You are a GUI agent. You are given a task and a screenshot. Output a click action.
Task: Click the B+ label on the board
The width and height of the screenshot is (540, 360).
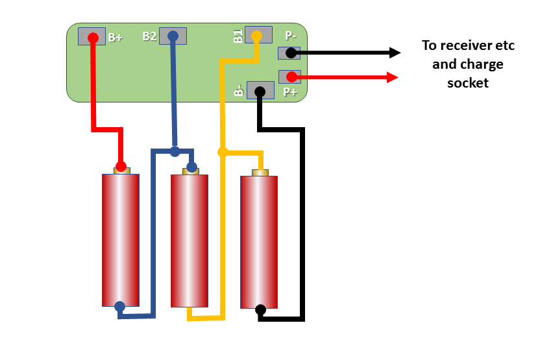[x=115, y=37]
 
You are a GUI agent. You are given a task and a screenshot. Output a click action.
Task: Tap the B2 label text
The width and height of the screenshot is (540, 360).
[x=149, y=36]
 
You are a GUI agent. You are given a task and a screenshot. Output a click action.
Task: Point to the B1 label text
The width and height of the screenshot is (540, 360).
[x=238, y=36]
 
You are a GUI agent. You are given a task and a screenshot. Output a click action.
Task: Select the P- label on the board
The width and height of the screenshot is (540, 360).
[x=291, y=35]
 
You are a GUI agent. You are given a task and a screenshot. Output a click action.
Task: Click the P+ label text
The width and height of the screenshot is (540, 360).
[x=290, y=92]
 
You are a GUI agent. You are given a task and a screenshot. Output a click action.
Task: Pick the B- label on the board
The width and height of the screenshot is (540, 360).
[x=239, y=90]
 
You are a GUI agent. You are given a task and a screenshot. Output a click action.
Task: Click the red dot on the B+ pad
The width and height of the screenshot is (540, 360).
[x=93, y=38]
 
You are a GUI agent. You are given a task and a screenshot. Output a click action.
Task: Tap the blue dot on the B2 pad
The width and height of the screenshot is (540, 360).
[x=173, y=36]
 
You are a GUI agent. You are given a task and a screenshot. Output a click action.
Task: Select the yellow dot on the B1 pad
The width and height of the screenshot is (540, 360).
[x=256, y=36]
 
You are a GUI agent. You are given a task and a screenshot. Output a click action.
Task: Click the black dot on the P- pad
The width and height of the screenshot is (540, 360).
[x=291, y=53]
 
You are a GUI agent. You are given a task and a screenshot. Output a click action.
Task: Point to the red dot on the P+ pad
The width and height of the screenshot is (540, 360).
[x=291, y=77]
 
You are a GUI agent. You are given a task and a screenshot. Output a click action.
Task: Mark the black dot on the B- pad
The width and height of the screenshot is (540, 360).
[x=260, y=91]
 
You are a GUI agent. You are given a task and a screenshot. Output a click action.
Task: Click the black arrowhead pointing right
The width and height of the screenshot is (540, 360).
[x=395, y=53]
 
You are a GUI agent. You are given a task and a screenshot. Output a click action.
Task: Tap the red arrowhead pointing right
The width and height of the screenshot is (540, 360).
[x=393, y=77]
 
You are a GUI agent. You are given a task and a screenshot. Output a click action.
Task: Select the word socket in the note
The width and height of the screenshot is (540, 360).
[x=468, y=83]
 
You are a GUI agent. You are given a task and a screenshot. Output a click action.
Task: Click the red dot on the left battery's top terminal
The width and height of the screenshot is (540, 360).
[x=121, y=167]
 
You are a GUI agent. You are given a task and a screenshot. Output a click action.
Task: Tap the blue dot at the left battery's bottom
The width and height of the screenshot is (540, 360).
[x=119, y=306]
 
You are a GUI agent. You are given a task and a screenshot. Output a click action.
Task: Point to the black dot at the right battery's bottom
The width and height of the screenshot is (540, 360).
[x=261, y=310]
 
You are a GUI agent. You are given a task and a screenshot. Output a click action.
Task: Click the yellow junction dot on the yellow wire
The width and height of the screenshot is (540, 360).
[x=223, y=152]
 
